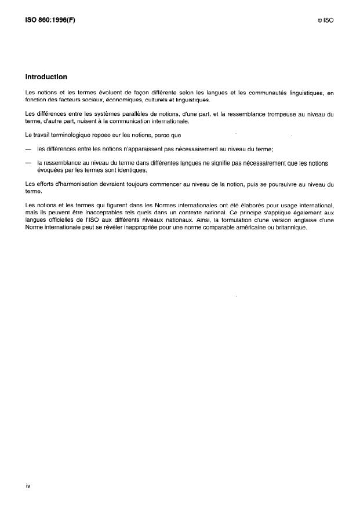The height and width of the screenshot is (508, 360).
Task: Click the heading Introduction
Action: (46, 76)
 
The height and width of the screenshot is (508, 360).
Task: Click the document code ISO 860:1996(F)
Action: (50, 20)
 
